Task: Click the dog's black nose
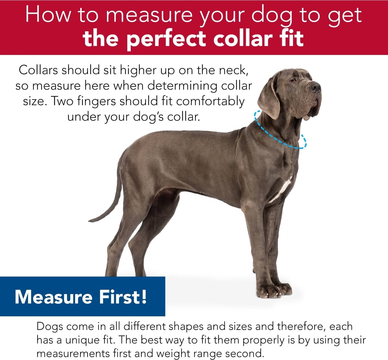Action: (315, 87)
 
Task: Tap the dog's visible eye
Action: (293, 80)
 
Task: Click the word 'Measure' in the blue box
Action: (53, 297)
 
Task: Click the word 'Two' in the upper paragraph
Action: (62, 101)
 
